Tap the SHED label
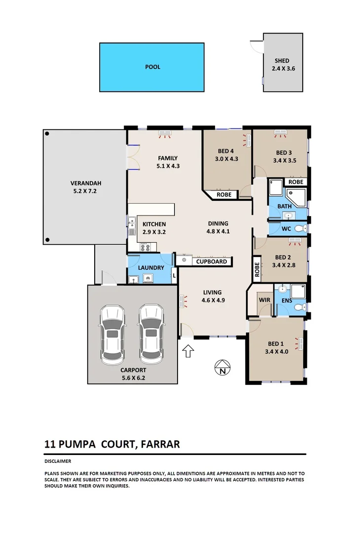coord(282,61)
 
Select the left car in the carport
coord(113,335)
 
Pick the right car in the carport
coord(151,335)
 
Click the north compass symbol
coord(223,368)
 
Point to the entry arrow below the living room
coord(188,351)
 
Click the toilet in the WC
coord(301,228)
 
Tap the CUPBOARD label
coord(212,262)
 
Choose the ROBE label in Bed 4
coord(224,195)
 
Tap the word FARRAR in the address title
coord(160,444)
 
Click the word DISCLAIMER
coord(57,461)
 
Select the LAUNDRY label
coord(151,267)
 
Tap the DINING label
coord(217,224)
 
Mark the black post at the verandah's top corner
coord(47,133)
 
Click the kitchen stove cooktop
coord(145,247)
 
